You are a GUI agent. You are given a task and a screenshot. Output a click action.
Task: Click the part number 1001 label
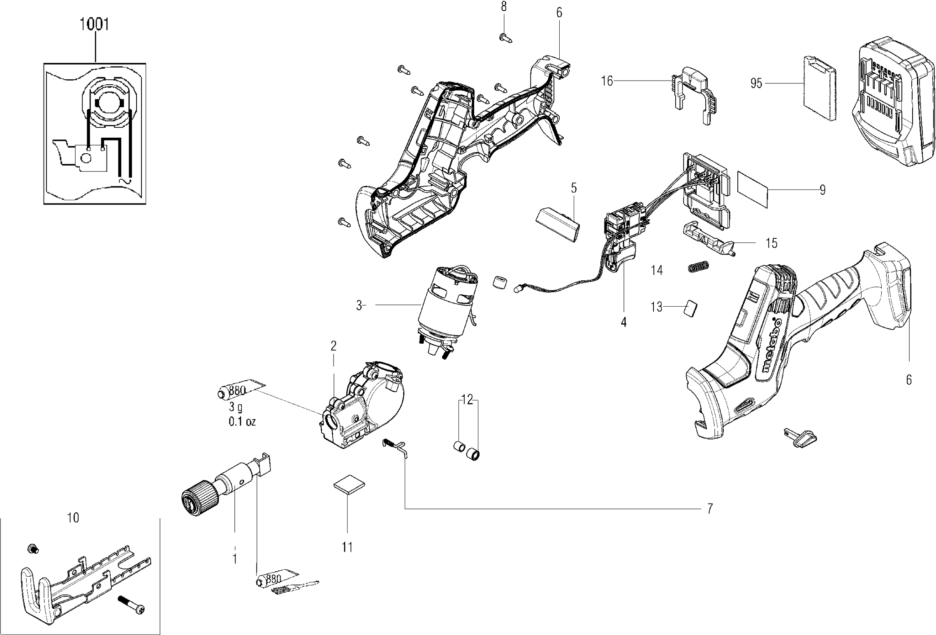tap(94, 24)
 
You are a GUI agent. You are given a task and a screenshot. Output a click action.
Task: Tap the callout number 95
tap(756, 83)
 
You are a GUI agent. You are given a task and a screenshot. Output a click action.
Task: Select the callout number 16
tap(607, 81)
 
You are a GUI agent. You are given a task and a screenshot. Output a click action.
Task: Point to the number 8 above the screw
tap(504, 7)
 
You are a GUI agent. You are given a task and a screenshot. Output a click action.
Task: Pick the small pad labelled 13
tap(691, 307)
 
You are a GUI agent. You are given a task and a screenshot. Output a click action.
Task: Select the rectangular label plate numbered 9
tap(753, 189)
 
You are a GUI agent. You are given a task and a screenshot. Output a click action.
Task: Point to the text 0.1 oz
tap(242, 422)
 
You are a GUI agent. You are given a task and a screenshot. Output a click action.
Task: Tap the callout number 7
tap(710, 509)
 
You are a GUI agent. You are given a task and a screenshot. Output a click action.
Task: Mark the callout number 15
tap(772, 243)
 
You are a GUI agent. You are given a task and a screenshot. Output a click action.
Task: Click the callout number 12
tap(467, 399)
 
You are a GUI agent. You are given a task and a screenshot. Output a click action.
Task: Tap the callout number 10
tap(73, 518)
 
